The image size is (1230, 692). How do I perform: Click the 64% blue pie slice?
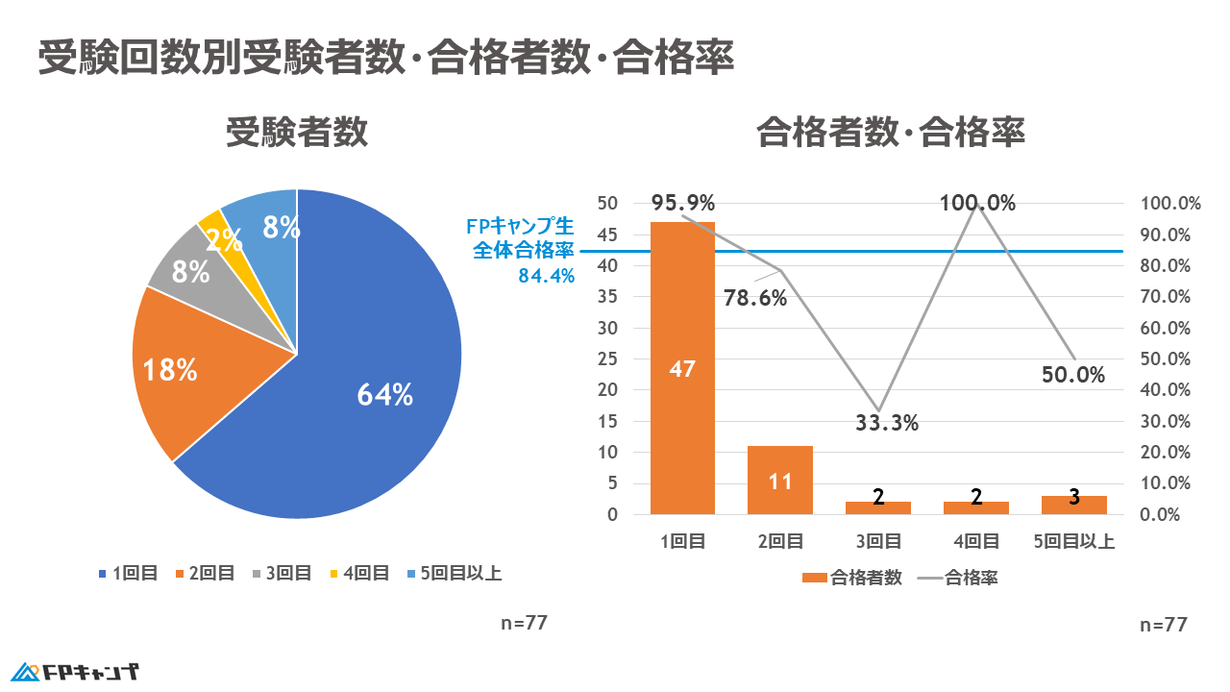(x=384, y=394)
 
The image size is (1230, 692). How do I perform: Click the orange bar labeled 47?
(x=682, y=368)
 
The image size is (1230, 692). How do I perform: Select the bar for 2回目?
(x=780, y=480)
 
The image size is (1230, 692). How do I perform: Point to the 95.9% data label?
(x=682, y=203)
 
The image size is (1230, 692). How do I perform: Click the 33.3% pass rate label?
(x=887, y=422)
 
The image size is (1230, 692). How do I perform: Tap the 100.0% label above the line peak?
(x=978, y=203)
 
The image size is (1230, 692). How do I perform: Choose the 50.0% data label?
(x=1073, y=375)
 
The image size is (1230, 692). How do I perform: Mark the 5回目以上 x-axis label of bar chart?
(x=1074, y=541)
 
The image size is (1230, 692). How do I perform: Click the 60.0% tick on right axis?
(x=1170, y=328)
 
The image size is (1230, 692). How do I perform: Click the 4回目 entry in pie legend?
(x=360, y=574)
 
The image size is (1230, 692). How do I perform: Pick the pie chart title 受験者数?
(x=297, y=133)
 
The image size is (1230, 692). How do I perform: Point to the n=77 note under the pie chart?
(x=524, y=622)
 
